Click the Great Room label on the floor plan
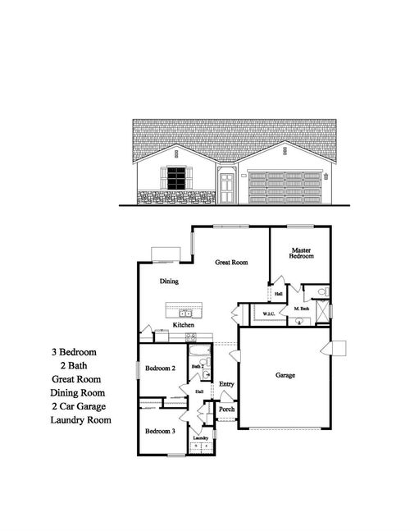(232, 263)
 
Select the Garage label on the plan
(285, 375)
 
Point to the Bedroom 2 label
(161, 368)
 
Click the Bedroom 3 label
(160, 431)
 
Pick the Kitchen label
(183, 326)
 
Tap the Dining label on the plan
(170, 282)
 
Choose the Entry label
(227, 383)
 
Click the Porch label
(227, 410)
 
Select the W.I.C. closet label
(268, 314)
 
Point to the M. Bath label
(302, 309)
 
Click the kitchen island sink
(186, 312)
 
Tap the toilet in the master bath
(322, 291)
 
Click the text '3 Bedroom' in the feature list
(78, 351)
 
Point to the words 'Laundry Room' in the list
(80, 420)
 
